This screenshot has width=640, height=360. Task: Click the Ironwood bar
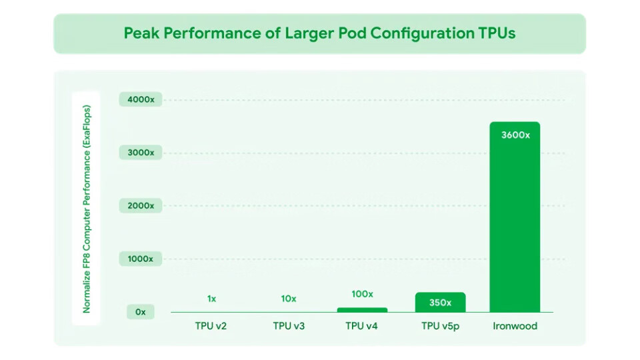pos(515,220)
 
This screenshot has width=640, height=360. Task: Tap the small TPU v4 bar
pos(362,309)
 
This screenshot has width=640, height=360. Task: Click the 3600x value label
pos(515,135)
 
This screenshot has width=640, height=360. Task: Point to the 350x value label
pos(440,303)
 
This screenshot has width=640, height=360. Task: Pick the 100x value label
pos(362,294)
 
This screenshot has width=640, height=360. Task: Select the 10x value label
pos(289,299)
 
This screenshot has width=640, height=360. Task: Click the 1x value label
pos(211,299)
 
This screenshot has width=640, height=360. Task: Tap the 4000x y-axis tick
pos(141,100)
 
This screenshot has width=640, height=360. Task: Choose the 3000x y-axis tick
pos(141,153)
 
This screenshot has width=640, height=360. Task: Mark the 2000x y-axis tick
pos(141,206)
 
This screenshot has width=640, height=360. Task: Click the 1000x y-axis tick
pos(141,259)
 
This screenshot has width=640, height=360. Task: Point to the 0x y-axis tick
pos(141,312)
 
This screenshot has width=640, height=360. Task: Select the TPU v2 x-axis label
pos(211,326)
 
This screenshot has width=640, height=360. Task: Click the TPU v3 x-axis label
pos(289,326)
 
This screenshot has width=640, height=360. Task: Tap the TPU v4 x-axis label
pos(362,326)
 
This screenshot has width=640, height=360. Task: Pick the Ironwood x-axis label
pos(515,326)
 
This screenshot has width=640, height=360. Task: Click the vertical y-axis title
pos(87,208)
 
